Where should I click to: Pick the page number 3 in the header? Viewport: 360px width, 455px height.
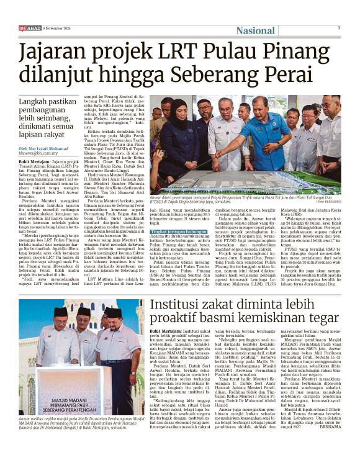pyautogui.click(x=338, y=27)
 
